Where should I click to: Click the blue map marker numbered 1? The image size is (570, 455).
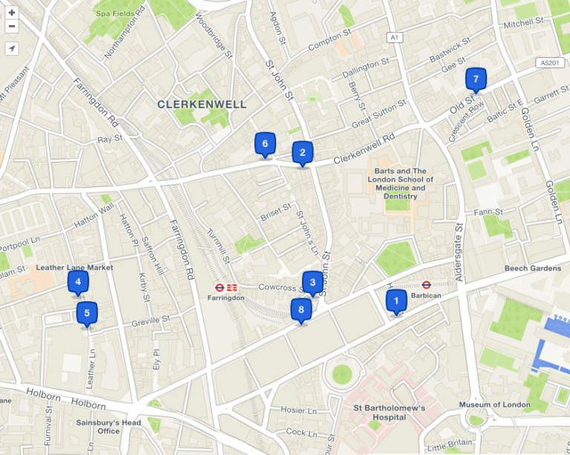(396, 301)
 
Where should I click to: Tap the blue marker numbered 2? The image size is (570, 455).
(301, 154)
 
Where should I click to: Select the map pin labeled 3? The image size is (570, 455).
(312, 282)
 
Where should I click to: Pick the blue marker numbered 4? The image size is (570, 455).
(77, 281)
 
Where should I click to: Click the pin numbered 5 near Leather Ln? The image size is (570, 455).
(87, 313)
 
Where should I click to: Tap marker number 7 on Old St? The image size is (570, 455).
(476, 79)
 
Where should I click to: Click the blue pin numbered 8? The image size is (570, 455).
(301, 310)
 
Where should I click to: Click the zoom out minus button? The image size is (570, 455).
(12, 27)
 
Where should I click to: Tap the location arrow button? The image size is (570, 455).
(12, 49)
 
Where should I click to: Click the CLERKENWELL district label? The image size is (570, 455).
(202, 105)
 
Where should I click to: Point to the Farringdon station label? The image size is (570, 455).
(226, 298)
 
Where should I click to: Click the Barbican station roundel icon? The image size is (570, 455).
(427, 284)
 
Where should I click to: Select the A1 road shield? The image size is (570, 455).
(394, 37)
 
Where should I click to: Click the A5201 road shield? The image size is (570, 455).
(551, 64)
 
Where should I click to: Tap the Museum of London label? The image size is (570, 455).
(494, 405)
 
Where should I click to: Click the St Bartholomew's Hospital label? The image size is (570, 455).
(389, 412)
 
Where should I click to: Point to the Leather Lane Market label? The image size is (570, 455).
(74, 267)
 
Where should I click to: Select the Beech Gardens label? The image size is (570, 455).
(533, 268)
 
